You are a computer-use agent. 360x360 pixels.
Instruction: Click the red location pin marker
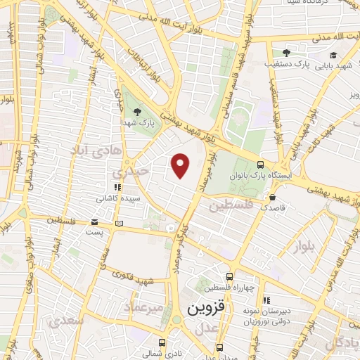181,166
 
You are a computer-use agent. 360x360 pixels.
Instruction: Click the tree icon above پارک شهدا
137,111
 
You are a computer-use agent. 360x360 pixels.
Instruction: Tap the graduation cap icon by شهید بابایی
333,56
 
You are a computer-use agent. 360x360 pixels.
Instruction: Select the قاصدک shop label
273,208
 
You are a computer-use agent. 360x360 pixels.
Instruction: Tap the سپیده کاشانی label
118,198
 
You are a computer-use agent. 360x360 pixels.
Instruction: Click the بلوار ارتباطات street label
150,71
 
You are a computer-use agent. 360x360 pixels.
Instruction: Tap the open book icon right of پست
119,223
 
